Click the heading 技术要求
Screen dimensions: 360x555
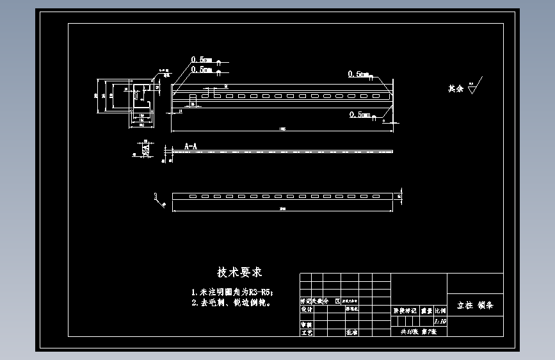(239, 272)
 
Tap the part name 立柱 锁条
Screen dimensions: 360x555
(475, 306)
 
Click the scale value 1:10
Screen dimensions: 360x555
(440, 322)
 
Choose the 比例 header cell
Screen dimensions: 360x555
(440, 310)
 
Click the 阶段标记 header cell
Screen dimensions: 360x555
(404, 310)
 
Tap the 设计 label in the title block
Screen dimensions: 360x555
(307, 309)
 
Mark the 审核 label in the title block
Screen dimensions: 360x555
(307, 325)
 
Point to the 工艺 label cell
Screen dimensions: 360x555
(307, 333)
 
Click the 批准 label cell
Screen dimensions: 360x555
(352, 333)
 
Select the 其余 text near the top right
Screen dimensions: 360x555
(455, 88)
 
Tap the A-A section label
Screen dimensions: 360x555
(191, 147)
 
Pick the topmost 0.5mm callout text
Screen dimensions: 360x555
(201, 60)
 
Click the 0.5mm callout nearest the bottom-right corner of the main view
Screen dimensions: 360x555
(360, 115)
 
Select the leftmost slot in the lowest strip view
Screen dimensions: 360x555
(193, 196)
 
